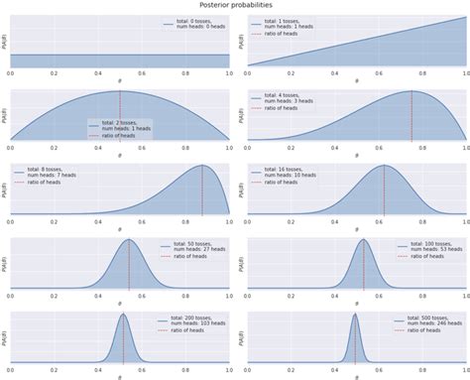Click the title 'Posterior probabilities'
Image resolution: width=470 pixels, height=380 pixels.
[235, 5]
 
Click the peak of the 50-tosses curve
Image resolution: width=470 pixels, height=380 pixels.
[129, 240]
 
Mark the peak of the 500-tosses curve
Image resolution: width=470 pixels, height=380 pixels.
[355, 315]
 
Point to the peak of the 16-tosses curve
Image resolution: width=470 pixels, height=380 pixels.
[384, 166]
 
